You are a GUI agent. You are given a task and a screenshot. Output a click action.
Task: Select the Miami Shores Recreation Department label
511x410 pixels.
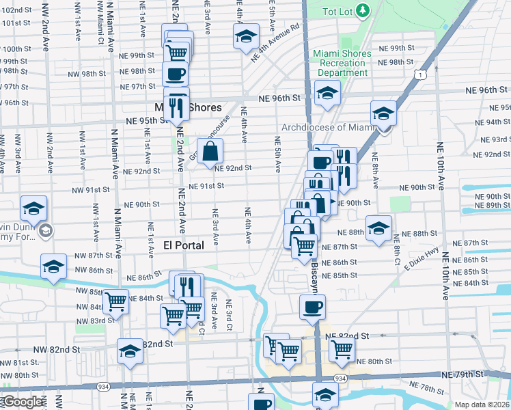342,63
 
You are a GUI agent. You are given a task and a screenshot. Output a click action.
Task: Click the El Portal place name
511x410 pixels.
184,245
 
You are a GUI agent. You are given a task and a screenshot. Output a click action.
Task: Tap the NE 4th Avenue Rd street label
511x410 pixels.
275,45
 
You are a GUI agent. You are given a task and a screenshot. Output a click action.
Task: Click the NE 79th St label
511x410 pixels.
462,374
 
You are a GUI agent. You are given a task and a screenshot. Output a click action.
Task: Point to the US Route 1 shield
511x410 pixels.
424,73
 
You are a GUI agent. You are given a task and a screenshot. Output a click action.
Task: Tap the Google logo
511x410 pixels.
22,402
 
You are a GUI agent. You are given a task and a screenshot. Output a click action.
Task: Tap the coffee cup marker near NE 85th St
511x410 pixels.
312,307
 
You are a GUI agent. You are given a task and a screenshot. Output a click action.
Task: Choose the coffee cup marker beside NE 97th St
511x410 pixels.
176,74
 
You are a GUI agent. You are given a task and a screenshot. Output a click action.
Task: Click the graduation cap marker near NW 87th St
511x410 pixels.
53,267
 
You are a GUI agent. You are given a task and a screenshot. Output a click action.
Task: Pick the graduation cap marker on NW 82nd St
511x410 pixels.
130,351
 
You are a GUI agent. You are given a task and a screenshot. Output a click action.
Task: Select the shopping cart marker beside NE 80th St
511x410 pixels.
342,350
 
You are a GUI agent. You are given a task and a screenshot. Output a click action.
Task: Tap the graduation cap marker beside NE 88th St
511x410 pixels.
378,228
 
